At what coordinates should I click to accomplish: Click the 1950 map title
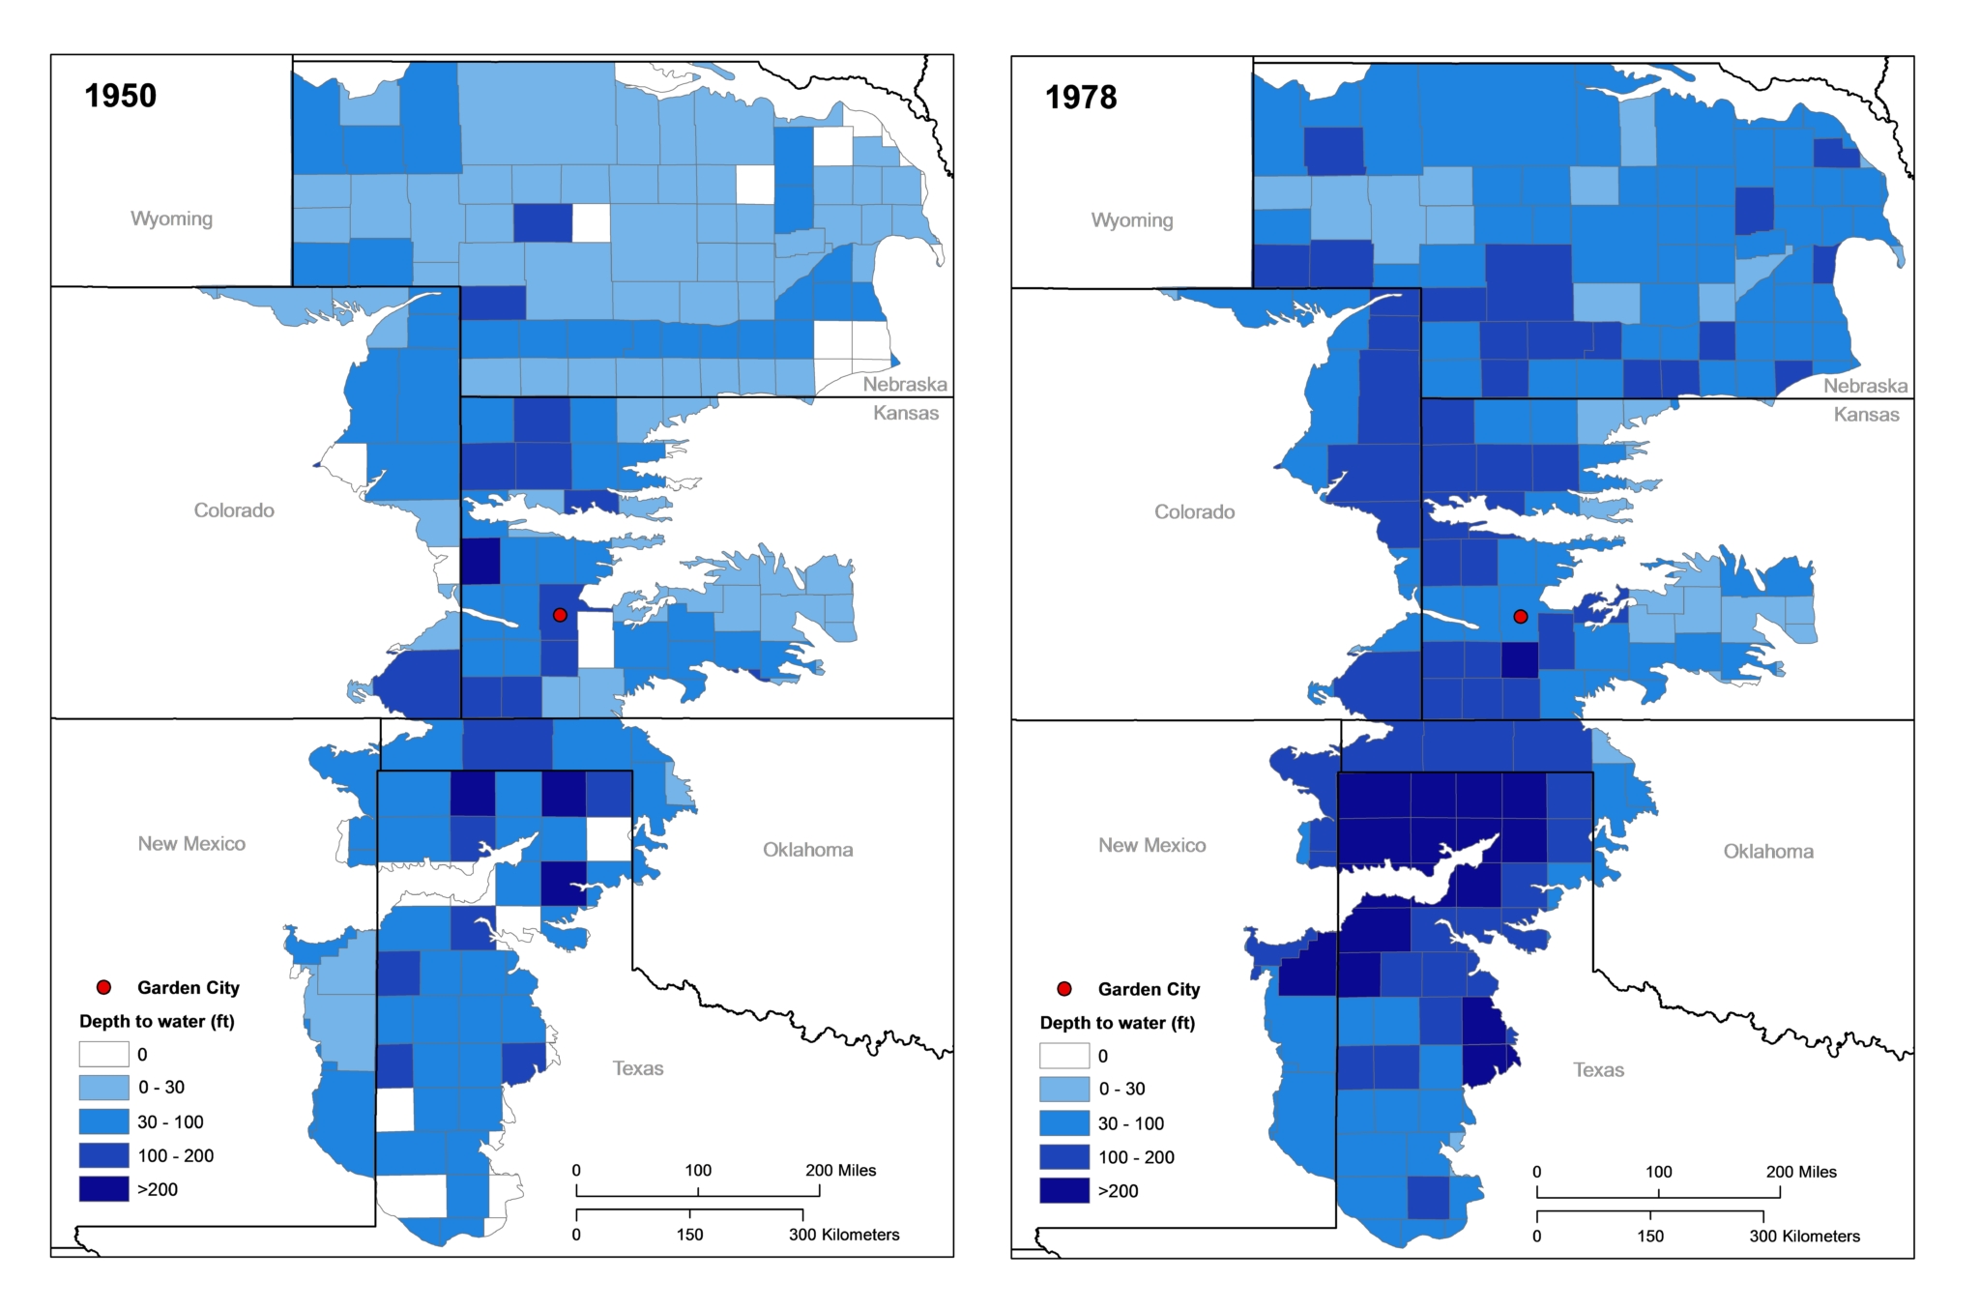(120, 96)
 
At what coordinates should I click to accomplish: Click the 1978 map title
(1081, 98)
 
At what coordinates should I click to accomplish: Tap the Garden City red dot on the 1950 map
(560, 615)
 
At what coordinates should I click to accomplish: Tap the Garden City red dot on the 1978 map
(1521, 617)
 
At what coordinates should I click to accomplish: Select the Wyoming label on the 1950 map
(171, 218)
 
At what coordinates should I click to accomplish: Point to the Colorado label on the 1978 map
(1194, 512)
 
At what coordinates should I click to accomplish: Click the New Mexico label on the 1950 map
(191, 844)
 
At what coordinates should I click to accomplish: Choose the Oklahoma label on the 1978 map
(1768, 852)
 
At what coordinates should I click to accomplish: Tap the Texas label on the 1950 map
(638, 1068)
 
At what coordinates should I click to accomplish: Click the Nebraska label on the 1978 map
(1865, 387)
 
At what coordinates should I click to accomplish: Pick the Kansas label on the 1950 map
(906, 413)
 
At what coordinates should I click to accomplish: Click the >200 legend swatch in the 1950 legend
(103, 1189)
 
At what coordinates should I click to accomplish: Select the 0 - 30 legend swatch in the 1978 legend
(1064, 1090)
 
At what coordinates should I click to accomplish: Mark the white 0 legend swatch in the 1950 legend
(103, 1054)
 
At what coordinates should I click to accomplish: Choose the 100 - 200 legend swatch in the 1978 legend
(1064, 1157)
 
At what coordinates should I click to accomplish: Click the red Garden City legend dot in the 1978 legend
(1064, 989)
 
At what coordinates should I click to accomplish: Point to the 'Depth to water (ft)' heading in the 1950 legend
(157, 1022)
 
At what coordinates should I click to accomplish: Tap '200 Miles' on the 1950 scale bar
(840, 1171)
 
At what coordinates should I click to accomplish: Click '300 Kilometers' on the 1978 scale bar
(1804, 1237)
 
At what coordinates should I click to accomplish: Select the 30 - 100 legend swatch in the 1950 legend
(103, 1121)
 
